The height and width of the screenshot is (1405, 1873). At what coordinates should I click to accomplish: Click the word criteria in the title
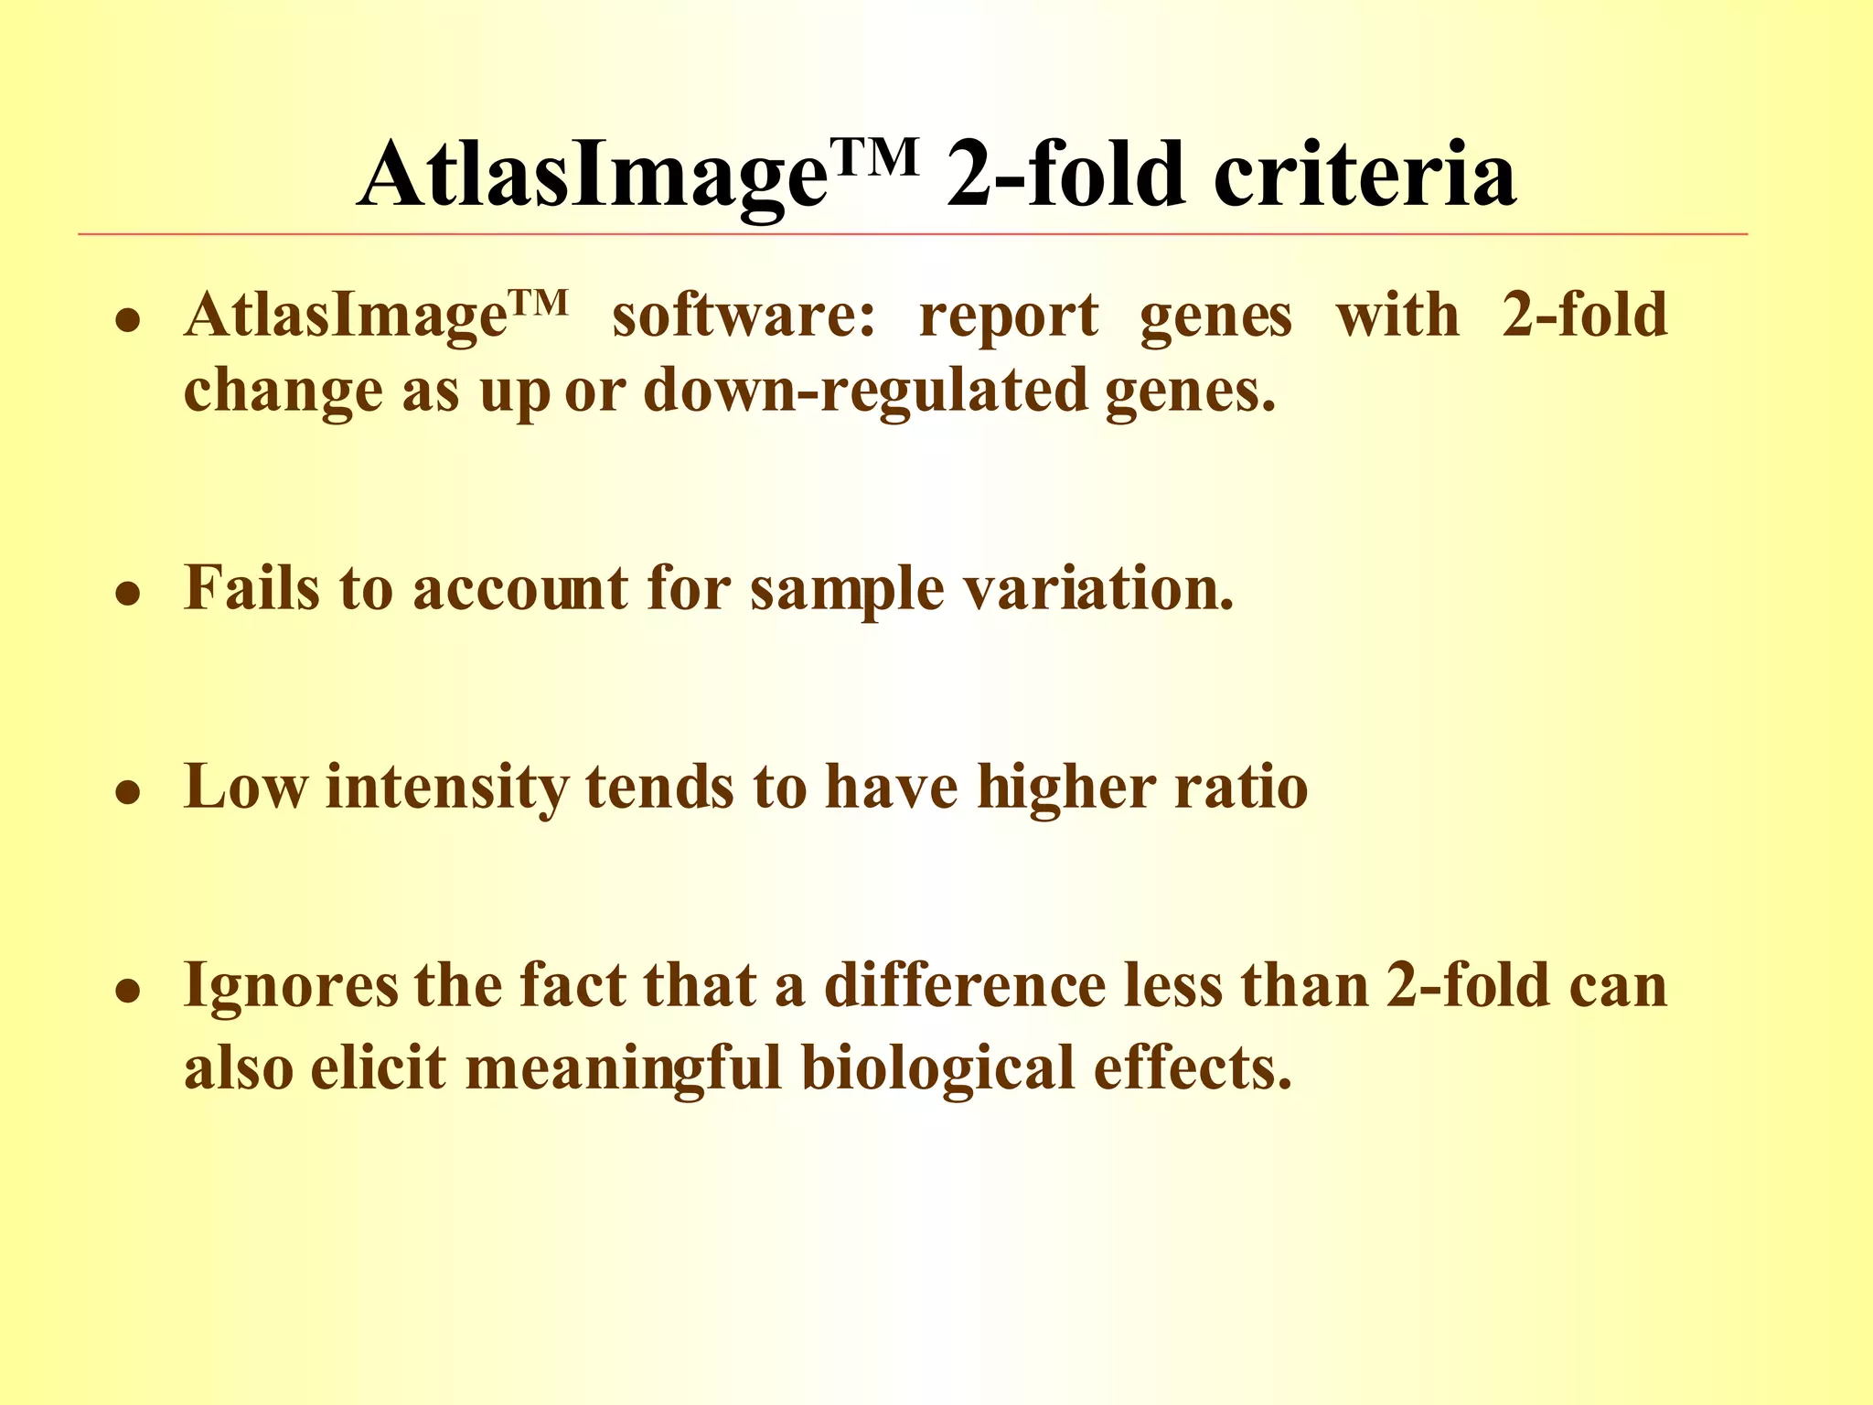[x=1365, y=174]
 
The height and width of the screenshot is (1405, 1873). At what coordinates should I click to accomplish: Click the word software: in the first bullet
[x=743, y=316]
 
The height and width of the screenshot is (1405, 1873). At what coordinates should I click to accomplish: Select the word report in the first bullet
[x=1008, y=317]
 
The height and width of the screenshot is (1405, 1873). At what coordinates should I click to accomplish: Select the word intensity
[x=446, y=788]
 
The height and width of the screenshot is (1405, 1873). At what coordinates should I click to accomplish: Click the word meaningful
[x=624, y=1068]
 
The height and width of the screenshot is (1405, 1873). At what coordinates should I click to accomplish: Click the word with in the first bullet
[x=1397, y=316]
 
